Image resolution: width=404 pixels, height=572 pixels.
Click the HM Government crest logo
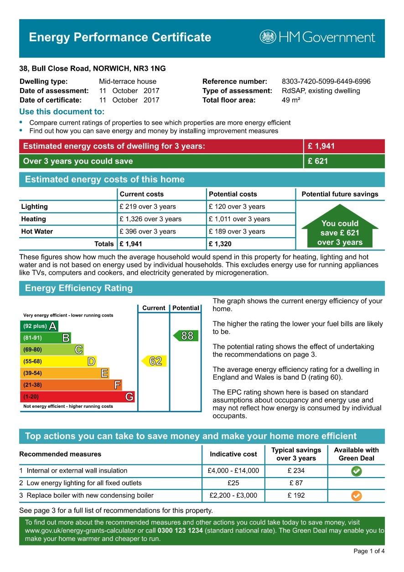pyautogui.click(x=268, y=37)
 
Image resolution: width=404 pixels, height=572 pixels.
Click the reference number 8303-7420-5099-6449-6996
pyautogui.click(x=326, y=82)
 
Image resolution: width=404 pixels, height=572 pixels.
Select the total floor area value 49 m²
pyautogui.click(x=291, y=100)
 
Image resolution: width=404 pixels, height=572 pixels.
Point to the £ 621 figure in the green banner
pyautogui.click(x=318, y=161)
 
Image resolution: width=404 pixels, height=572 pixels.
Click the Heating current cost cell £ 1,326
pyautogui.click(x=150, y=219)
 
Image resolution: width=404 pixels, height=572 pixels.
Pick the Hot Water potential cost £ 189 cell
pyautogui.click(x=237, y=231)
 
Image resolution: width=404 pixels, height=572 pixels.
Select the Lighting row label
pyautogui.click(x=35, y=207)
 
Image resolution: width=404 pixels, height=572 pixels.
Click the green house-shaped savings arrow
pyautogui.click(x=340, y=227)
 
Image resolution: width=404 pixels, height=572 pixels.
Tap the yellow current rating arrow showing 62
pyautogui.click(x=154, y=361)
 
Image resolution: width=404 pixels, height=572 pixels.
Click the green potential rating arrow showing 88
pyautogui.click(x=186, y=336)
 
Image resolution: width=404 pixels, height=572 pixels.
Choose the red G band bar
pyautogui.click(x=78, y=397)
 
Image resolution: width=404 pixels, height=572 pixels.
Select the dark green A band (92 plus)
pyautogui.click(x=39, y=326)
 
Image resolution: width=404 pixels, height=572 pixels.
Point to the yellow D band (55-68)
pyautogui.click(x=58, y=362)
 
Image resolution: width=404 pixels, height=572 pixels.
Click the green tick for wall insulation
pyautogui.click(x=357, y=472)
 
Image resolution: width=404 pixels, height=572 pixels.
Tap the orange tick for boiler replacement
pyautogui.click(x=357, y=496)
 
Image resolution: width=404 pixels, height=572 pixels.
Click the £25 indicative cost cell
pyautogui.click(x=233, y=483)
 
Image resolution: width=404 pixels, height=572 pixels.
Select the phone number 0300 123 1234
pyautogui.click(x=180, y=531)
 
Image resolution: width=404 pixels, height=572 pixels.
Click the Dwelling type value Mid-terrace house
pyautogui.click(x=128, y=82)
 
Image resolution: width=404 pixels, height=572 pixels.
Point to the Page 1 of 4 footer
pyautogui.click(x=369, y=551)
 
